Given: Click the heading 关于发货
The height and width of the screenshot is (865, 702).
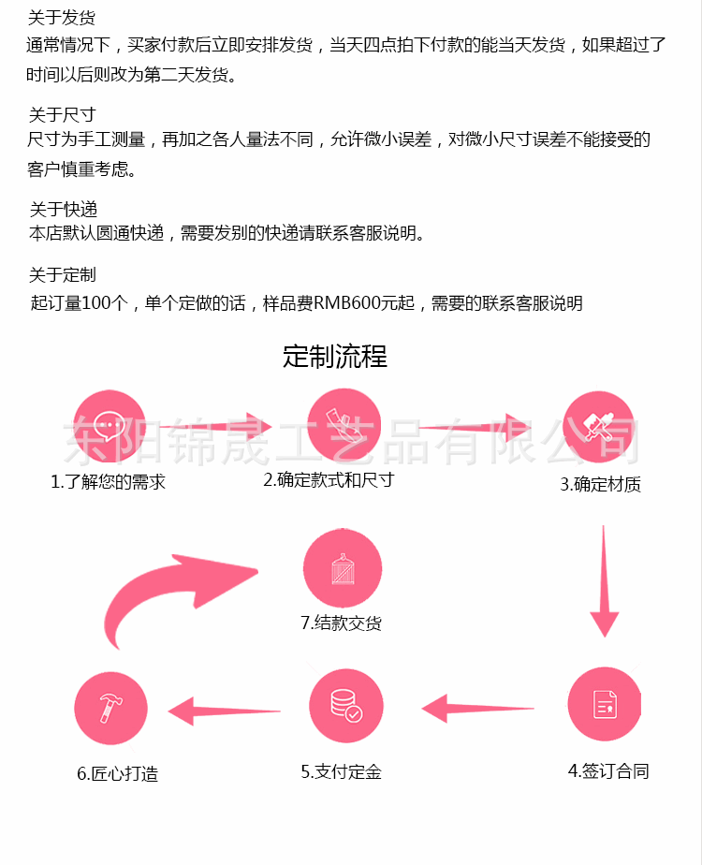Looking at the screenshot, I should [62, 18].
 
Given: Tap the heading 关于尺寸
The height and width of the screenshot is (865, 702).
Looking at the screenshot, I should [62, 115].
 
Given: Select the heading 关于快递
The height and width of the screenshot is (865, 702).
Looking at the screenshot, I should [63, 209].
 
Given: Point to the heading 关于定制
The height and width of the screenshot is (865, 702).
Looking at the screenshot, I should [62, 275].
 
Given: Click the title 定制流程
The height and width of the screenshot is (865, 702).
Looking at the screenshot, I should [335, 357].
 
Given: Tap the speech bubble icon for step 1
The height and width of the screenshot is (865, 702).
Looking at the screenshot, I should [110, 426].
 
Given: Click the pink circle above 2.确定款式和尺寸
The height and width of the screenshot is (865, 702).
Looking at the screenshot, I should [344, 424].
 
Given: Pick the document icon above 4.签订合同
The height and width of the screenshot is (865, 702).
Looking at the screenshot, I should [604, 705].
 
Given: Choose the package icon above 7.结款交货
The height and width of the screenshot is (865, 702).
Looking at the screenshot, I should [343, 568].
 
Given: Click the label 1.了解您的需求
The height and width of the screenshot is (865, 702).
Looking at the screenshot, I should [108, 483].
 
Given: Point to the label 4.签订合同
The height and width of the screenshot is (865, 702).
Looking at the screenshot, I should [608, 771].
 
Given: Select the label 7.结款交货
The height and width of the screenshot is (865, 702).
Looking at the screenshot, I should [341, 623].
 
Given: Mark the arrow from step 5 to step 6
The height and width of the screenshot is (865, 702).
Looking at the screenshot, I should [225, 711].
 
